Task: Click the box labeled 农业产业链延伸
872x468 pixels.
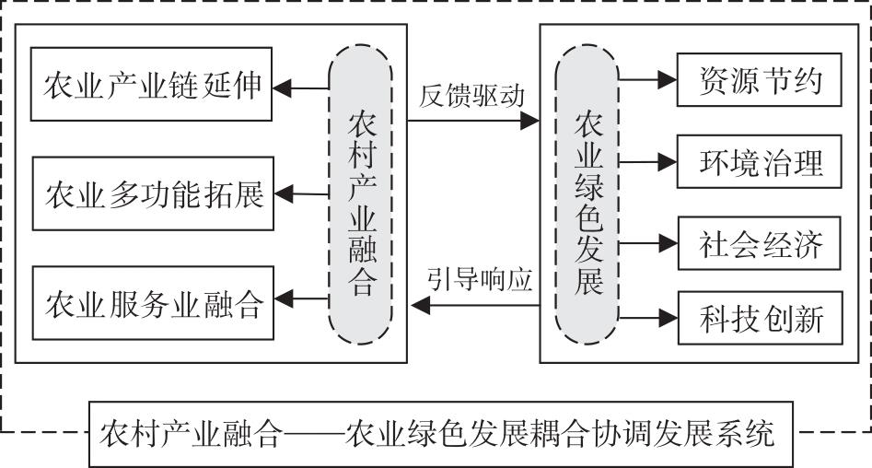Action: click(x=152, y=88)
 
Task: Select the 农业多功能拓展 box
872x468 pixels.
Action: click(x=152, y=194)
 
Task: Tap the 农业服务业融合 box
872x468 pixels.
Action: click(x=152, y=300)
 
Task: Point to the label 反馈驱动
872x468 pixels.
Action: click(x=471, y=96)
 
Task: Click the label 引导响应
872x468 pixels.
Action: click(x=480, y=279)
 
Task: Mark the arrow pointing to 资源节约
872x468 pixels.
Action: click(x=648, y=80)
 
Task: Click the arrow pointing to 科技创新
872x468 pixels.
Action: click(x=648, y=318)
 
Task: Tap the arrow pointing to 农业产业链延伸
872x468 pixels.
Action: click(x=301, y=88)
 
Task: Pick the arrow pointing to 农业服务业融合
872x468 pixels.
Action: click(x=301, y=298)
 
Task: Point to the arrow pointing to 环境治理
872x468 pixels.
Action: click(x=648, y=162)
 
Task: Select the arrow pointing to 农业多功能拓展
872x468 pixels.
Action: click(x=301, y=193)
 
